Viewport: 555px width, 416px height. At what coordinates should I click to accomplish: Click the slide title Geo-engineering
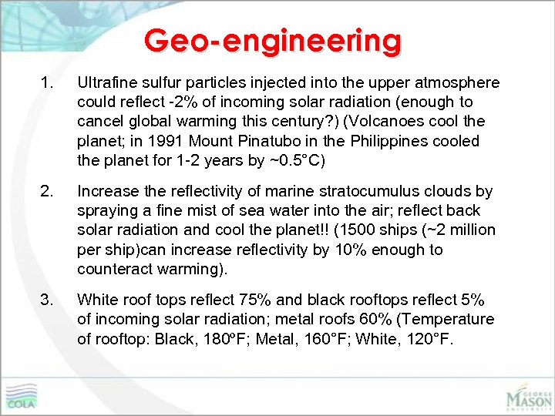273,40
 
